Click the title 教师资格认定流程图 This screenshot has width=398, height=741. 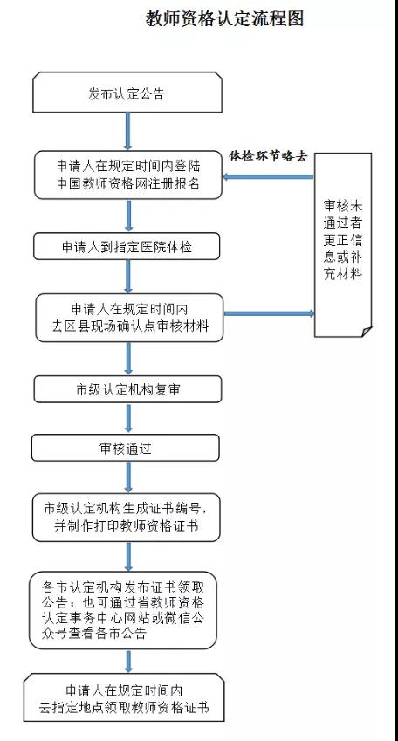[224, 19]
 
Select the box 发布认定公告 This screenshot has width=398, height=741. [127, 93]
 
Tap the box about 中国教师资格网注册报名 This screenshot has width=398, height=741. [128, 175]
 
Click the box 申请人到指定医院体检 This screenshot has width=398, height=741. [127, 246]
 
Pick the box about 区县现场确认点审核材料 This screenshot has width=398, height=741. [129, 318]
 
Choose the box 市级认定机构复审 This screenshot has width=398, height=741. [127, 389]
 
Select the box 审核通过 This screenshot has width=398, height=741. [126, 448]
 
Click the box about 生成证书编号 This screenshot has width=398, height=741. [127, 518]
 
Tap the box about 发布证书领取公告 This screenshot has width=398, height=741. [123, 611]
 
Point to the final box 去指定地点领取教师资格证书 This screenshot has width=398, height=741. [124, 697]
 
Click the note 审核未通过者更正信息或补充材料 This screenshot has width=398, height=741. [343, 244]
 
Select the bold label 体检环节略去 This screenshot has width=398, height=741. [269, 156]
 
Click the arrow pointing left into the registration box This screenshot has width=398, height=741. [269, 177]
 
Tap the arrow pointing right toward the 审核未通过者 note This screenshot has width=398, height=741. [269, 313]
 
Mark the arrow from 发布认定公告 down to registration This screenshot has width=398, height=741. [127, 132]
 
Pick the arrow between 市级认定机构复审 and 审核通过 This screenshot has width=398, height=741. [127, 419]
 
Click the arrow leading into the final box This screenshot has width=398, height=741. [127, 662]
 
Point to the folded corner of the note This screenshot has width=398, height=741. [367, 332]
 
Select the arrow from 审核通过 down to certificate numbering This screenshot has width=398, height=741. [127, 477]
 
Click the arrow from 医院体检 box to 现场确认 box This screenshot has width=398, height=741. [127, 277]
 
